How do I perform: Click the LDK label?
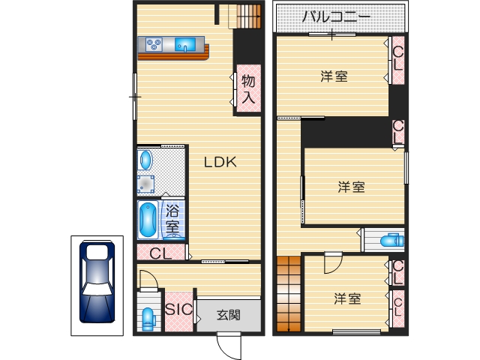coord(221,161)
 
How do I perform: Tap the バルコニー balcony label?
coord(335,17)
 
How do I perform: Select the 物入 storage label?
coord(249,88)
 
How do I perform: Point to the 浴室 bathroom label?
coord(172,218)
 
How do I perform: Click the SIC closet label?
coord(178,309)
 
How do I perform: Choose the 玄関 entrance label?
coord(229,315)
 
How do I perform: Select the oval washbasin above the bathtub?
coord(145,160)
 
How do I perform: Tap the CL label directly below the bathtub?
coord(160,253)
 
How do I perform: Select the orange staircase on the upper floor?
coord(287,295)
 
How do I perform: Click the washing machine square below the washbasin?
coord(145,183)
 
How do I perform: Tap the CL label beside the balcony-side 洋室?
coord(397,58)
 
